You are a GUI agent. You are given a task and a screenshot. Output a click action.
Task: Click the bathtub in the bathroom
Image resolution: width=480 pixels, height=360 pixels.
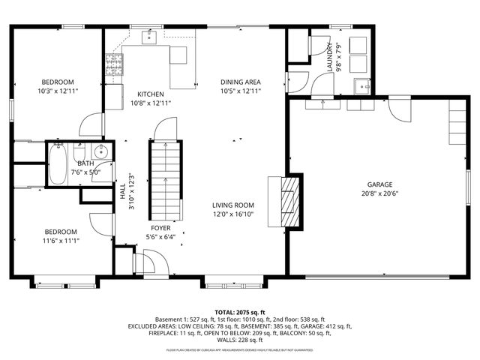coord(58,165)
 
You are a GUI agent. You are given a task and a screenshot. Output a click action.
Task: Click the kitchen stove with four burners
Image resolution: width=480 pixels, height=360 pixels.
coord(114,61)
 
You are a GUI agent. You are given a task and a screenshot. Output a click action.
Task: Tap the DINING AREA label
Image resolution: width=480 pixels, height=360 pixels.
coord(240,82)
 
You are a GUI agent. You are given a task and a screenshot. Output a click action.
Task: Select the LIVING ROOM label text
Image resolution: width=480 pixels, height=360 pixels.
coord(232,205)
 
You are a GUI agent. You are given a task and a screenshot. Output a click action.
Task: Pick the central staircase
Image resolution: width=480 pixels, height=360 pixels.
coord(164,178)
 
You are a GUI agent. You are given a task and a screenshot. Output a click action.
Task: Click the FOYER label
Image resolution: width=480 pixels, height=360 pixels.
coord(160,226)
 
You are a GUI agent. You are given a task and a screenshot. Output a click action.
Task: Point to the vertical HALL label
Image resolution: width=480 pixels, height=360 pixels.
coord(122,192)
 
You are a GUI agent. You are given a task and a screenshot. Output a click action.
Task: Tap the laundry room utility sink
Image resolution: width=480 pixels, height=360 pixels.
coord(361,84)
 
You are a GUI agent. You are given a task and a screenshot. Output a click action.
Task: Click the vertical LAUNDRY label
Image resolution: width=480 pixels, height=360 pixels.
coord(329,58)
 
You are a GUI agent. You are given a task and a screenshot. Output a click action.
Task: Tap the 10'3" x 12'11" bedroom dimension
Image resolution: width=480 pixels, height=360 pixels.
coord(57,91)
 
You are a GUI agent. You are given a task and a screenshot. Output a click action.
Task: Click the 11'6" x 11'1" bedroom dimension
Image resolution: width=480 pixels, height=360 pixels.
coord(60,241)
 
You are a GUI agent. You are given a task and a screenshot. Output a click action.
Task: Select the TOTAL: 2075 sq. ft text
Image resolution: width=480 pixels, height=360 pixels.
coord(240,312)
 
